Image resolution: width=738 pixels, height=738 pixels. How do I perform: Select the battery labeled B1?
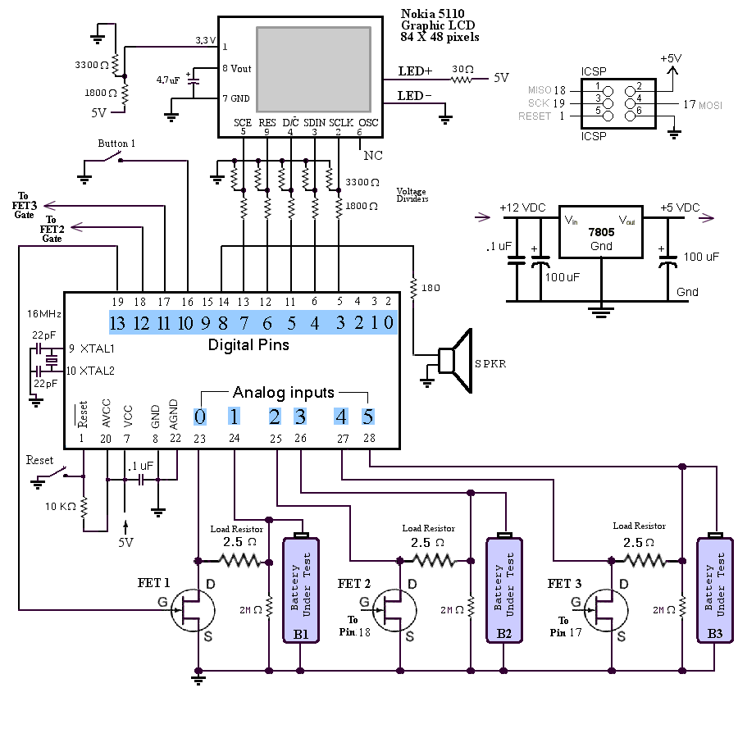(x=301, y=590)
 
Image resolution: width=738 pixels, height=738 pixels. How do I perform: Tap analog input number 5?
(x=368, y=416)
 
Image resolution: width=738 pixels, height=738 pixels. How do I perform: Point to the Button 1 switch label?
(x=116, y=143)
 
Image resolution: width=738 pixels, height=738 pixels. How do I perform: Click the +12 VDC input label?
(x=521, y=207)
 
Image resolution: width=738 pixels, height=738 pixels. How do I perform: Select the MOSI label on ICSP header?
(x=710, y=105)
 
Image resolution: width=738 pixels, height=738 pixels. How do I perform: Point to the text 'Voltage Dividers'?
(x=412, y=194)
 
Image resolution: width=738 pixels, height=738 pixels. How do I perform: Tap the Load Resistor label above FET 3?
(x=639, y=526)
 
